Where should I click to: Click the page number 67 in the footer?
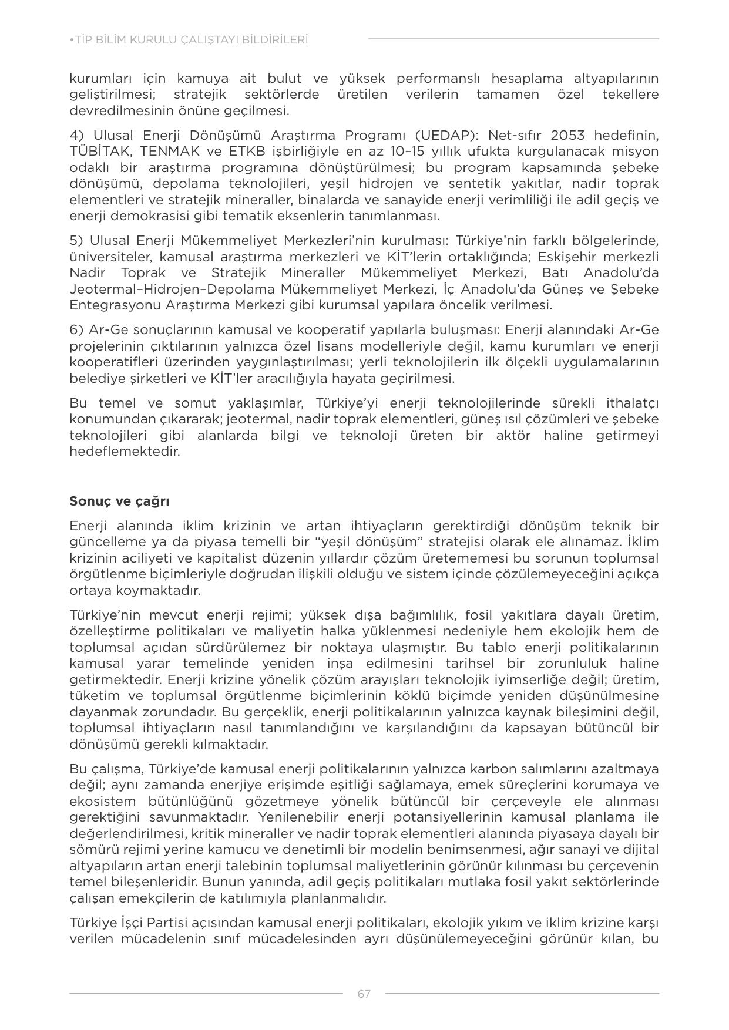coord(364,994)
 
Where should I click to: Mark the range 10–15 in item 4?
coord(378,151)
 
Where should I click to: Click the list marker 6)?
coord(77,329)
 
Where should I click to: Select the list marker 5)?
coord(77,241)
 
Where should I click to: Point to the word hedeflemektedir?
coord(124,451)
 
